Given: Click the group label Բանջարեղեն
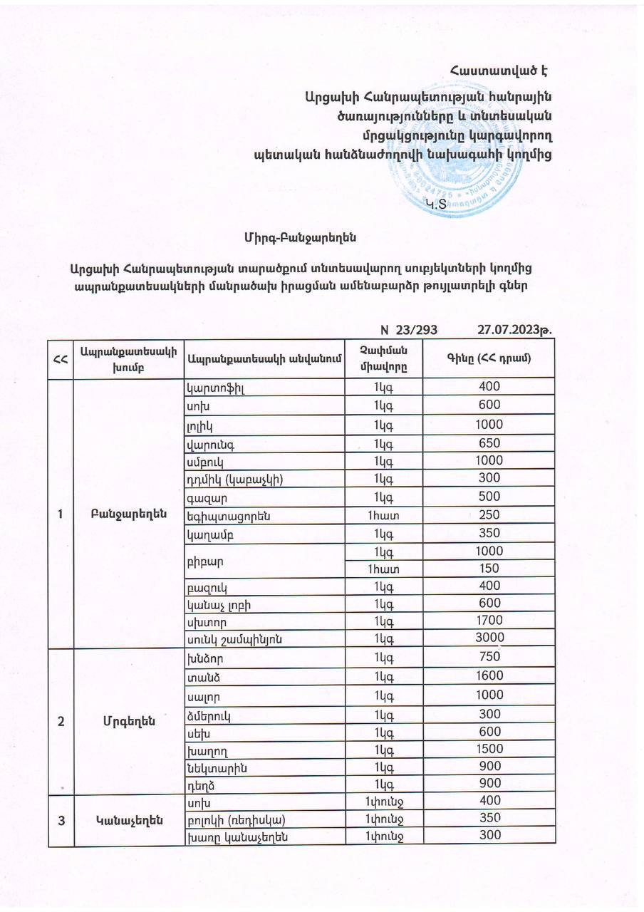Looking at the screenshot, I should tap(128, 514).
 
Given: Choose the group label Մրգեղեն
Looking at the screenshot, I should tap(128, 720).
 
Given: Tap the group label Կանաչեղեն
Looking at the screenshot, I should tap(128, 820).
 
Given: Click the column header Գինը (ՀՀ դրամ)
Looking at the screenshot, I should tap(489, 358).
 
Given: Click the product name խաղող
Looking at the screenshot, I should tap(203, 750).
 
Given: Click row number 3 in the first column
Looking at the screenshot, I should tap(62, 820).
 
